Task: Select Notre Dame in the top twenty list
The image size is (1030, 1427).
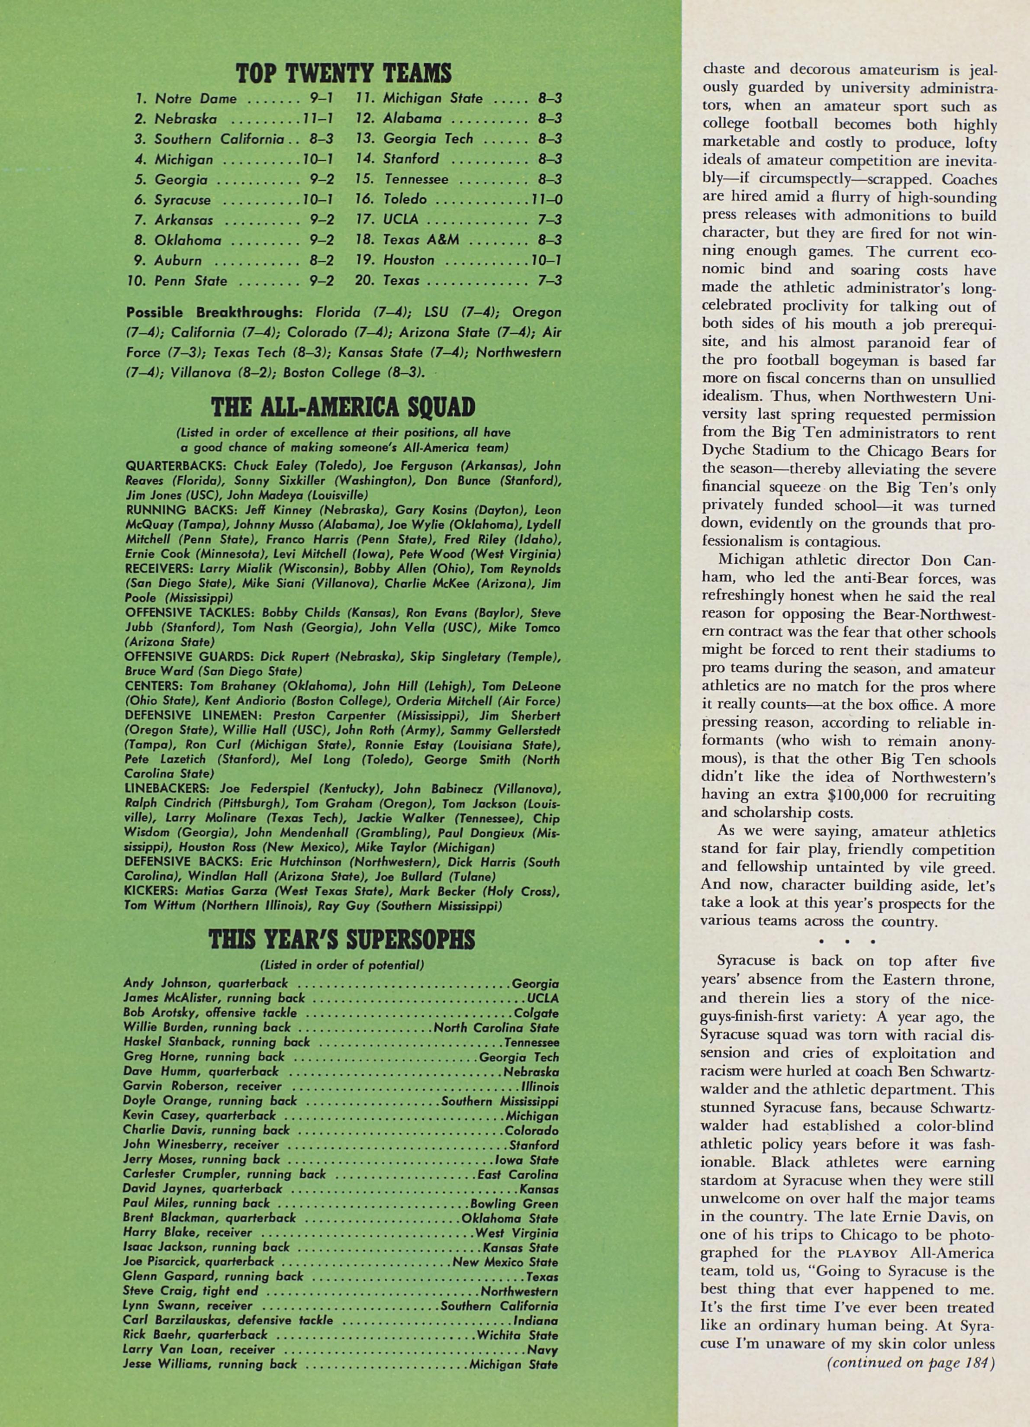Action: pos(196,98)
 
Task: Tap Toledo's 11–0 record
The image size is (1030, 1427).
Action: pos(546,199)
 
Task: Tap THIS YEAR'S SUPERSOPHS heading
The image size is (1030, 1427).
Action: pos(341,940)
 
